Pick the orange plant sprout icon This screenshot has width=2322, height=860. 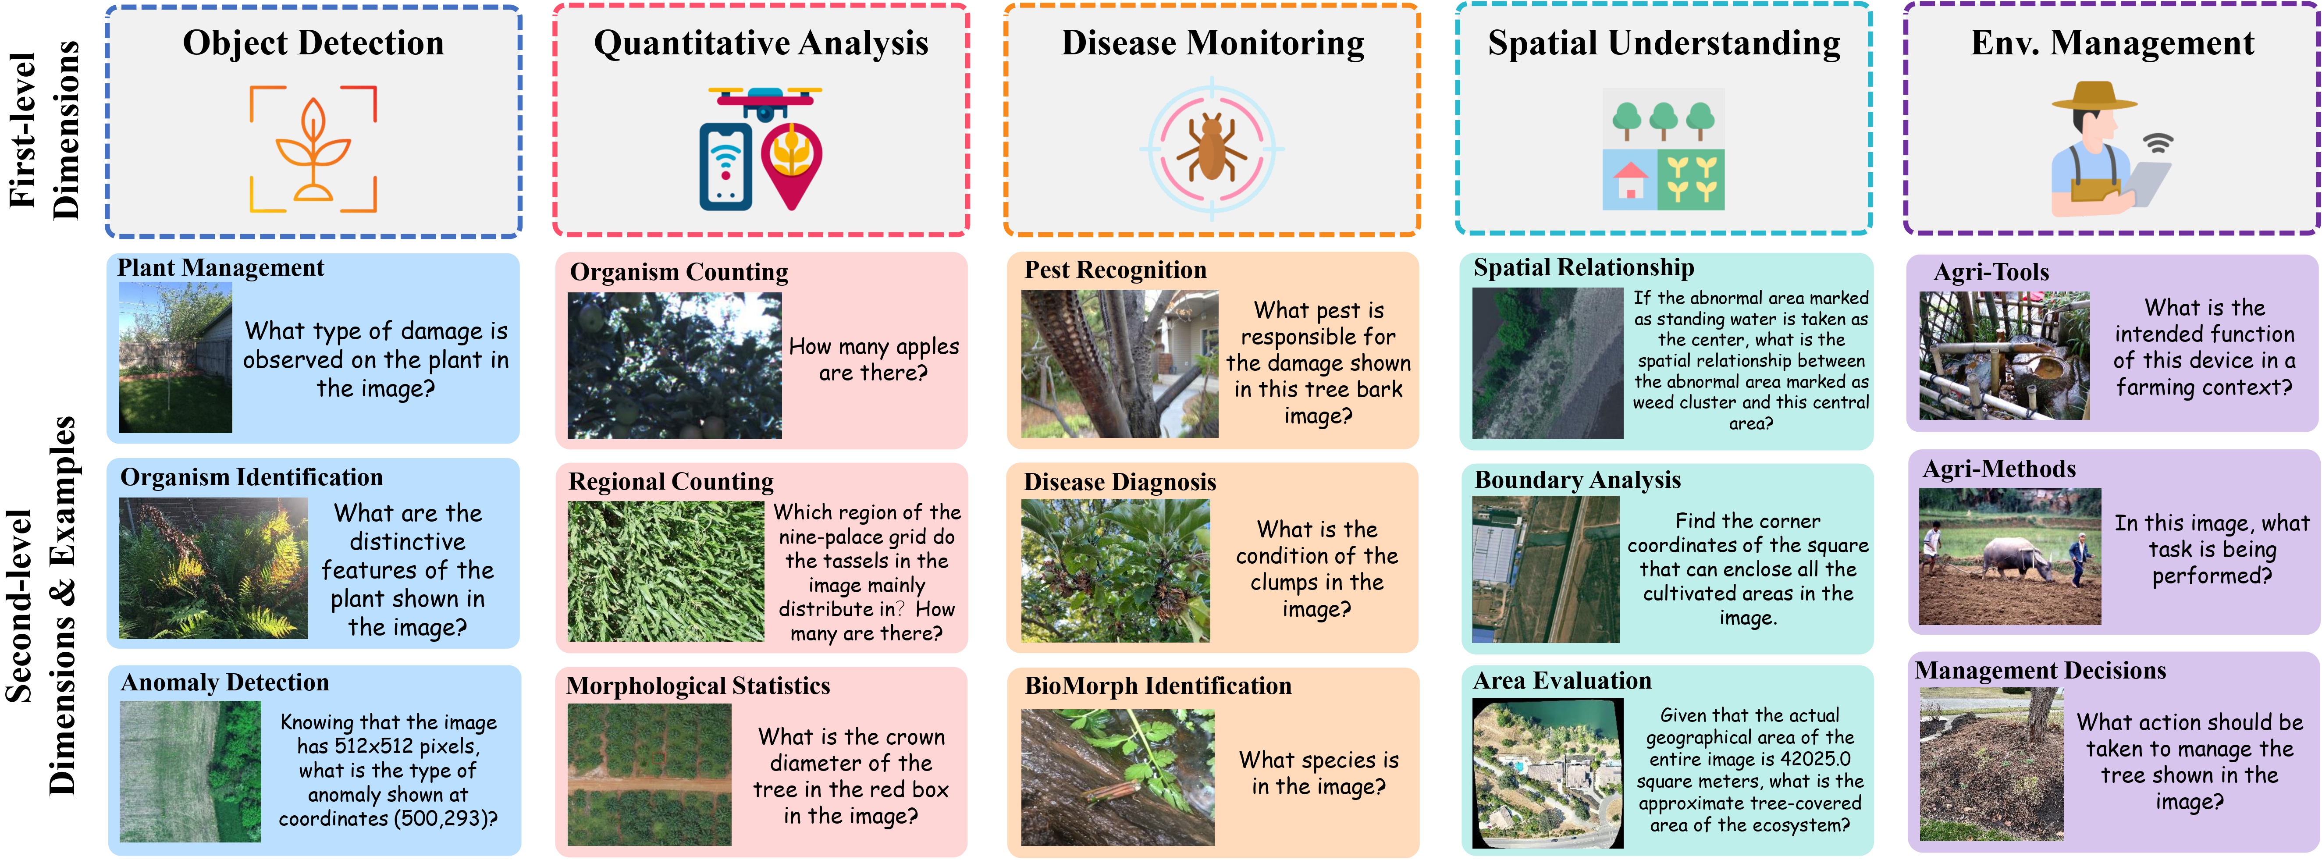tap(313, 149)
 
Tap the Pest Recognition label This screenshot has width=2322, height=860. tap(1115, 270)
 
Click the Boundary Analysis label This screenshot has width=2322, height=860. tap(1578, 480)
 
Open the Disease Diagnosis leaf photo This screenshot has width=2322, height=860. tap(1115, 570)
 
